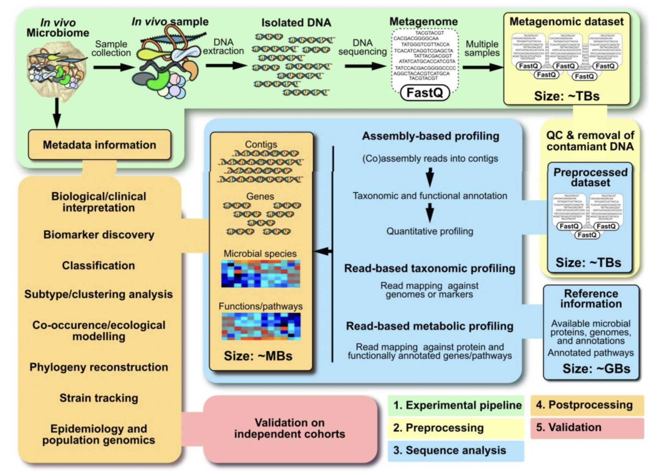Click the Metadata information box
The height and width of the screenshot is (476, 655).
pos(99,145)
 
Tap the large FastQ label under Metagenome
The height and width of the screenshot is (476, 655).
pos(425,93)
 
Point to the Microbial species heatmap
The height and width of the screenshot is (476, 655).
pos(260,274)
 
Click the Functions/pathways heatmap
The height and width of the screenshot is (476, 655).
pos(261,326)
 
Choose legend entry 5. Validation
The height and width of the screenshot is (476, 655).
pos(587,427)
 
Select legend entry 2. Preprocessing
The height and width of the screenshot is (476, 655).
pos(455,428)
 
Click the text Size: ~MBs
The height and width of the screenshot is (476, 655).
pos(258,356)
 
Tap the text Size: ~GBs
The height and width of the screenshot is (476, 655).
pos(596,369)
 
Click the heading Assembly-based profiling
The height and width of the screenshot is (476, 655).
pos(431,136)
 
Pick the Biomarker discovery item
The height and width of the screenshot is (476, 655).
pos(99,235)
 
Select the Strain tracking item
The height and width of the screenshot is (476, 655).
pos(99,398)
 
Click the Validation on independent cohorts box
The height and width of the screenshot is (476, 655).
pos(290,428)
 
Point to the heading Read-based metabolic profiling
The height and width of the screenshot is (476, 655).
pos(430,326)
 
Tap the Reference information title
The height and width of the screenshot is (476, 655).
pos(591,299)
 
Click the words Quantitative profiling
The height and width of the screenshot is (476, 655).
pos(430,232)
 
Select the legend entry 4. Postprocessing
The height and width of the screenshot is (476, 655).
pos(587,405)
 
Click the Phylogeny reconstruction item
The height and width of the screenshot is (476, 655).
pos(99,367)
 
